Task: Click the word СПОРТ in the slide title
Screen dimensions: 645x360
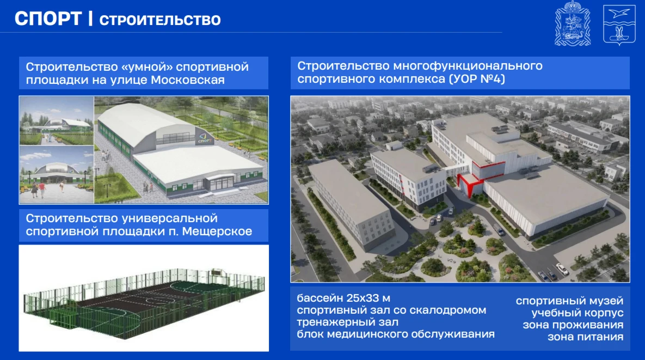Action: [48, 19]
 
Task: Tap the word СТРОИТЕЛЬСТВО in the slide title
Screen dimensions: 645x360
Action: [160, 20]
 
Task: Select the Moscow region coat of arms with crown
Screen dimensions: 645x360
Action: [573, 23]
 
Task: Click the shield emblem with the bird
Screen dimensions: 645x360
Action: [619, 25]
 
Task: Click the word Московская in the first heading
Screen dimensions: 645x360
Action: [188, 80]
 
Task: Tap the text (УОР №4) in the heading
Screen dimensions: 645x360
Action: [477, 78]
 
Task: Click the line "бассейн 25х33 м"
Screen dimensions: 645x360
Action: [343, 298]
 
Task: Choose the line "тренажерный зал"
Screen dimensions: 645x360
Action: [348, 322]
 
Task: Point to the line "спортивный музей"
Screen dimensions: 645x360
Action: [570, 301]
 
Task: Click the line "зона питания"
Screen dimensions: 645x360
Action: [585, 337]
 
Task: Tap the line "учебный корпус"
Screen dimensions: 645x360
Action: [578, 313]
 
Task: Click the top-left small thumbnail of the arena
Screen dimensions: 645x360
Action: [57, 120]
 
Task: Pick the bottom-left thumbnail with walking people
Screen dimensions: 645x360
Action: [57, 175]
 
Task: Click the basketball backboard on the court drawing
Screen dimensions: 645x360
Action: [216, 272]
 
